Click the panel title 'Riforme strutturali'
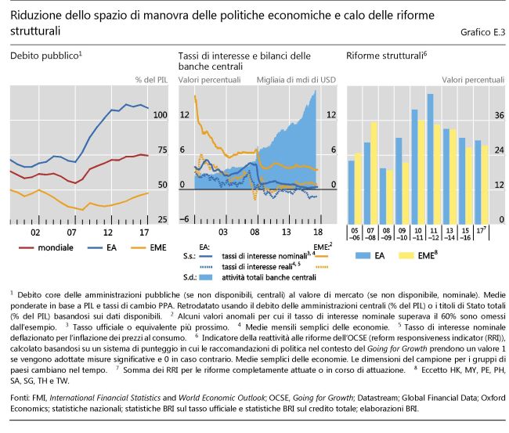pyautogui.click(x=384, y=56)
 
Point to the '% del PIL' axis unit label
pyautogui.click(x=151, y=80)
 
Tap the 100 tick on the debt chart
pyautogui.click(x=161, y=115)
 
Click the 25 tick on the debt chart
pyautogui.click(x=161, y=219)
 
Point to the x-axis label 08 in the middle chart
pyautogui.click(x=254, y=233)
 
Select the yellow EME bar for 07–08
pyautogui.click(x=375, y=172)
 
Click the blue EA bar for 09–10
pyautogui.click(x=399, y=181)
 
